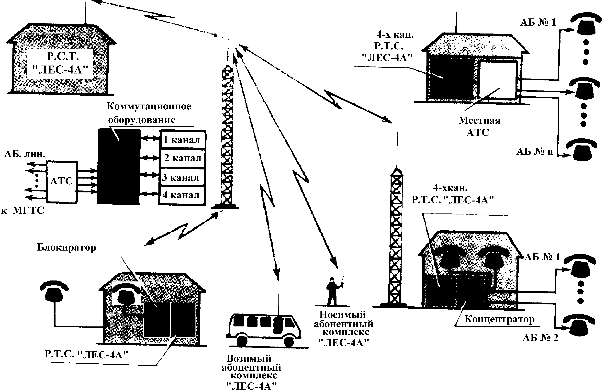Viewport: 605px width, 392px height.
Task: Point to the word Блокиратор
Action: click(x=67, y=247)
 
